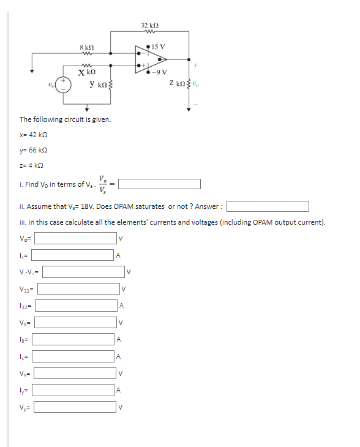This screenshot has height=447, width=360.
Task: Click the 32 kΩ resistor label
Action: (149, 26)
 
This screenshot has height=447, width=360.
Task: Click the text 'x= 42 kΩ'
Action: (33, 135)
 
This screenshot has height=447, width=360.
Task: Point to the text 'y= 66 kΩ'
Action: (33, 150)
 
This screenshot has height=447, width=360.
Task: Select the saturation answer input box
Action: (268, 206)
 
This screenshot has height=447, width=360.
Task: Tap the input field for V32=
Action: (79, 288)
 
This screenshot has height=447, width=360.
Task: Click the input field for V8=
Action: (74, 321)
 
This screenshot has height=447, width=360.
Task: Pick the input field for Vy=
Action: (75, 407)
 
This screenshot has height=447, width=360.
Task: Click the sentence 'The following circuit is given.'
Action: (65, 119)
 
